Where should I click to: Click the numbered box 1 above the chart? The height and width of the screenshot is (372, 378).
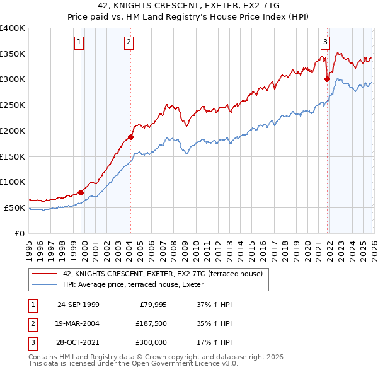(79, 42)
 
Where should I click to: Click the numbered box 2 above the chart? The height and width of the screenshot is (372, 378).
(128, 42)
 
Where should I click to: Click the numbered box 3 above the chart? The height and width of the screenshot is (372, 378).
(325, 42)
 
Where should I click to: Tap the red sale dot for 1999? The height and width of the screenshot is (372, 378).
(81, 192)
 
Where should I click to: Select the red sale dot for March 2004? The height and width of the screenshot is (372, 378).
(130, 137)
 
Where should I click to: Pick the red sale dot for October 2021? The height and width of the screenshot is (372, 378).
(327, 79)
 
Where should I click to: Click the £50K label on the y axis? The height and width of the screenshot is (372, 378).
(15, 207)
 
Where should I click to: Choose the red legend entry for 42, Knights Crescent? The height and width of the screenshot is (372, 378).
(164, 274)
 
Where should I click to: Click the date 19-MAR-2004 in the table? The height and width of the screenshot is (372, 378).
(78, 323)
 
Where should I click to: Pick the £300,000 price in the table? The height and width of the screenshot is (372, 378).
(150, 343)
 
